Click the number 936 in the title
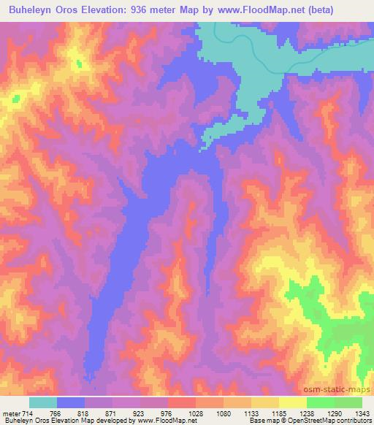click(x=153, y=9)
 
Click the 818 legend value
click(x=93, y=413)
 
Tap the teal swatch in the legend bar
click(x=43, y=402)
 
